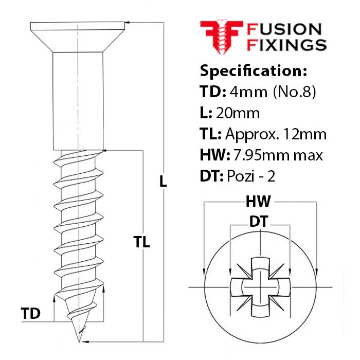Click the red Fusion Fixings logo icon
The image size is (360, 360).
tap(221, 37)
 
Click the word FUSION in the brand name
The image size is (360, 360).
tap(284, 29)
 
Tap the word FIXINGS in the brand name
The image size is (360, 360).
tap(286, 45)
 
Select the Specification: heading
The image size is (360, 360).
tap(253, 71)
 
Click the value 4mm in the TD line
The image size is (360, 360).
tap(248, 92)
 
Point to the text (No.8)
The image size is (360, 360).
tap(295, 92)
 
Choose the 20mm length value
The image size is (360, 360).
tap(238, 113)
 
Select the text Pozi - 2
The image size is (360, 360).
tap(251, 176)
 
